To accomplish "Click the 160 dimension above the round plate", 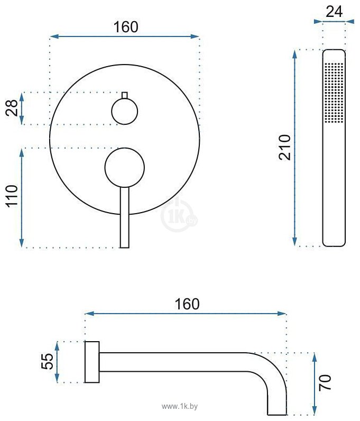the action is click(x=126, y=27).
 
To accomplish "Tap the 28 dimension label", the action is click(x=12, y=108).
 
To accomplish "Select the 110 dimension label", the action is click(x=12, y=196).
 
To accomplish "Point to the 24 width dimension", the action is click(x=334, y=12).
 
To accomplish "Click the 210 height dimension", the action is click(x=284, y=148).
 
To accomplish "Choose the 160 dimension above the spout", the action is click(x=187, y=304).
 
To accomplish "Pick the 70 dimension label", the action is click(x=325, y=382).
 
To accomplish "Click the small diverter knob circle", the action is click(x=125, y=111).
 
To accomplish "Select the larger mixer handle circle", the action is click(x=125, y=167).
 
